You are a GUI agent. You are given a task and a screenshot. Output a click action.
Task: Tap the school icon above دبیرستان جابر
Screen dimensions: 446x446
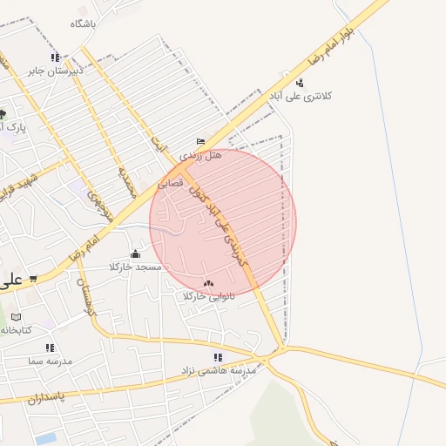pyautogui.click(x=56, y=57)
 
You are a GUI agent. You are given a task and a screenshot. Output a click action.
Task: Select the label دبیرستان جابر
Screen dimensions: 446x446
pyautogui.click(x=54, y=70)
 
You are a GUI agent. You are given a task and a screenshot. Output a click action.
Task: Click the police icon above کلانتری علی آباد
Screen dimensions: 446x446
pyautogui.click(x=301, y=83)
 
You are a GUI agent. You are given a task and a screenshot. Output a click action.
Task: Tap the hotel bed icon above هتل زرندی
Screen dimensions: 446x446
pyautogui.click(x=201, y=142)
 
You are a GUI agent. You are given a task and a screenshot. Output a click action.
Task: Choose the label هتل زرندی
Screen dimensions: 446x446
pyautogui.click(x=201, y=154)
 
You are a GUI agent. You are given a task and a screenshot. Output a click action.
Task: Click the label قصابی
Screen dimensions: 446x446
pyautogui.click(x=170, y=184)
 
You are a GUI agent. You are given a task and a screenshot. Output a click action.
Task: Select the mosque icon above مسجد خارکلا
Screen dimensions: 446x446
pyautogui.click(x=135, y=254)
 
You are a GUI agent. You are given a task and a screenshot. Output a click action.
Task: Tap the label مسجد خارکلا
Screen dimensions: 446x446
pyautogui.click(x=136, y=267)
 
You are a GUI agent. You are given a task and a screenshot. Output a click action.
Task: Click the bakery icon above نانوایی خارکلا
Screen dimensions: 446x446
pyautogui.click(x=208, y=283)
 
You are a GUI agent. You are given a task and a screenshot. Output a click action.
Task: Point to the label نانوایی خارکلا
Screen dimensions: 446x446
pyautogui.click(x=209, y=296)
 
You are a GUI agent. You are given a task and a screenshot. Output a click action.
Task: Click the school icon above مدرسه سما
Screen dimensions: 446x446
pyautogui.click(x=50, y=348)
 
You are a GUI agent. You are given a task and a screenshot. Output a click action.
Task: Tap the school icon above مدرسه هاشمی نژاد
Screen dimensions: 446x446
pyautogui.click(x=218, y=357)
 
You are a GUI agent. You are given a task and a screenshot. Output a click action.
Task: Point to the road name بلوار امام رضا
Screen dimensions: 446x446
pyautogui.click(x=327, y=47)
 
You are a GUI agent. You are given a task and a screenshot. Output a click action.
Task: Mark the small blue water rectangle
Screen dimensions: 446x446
pyautogui.click(x=46, y=438)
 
